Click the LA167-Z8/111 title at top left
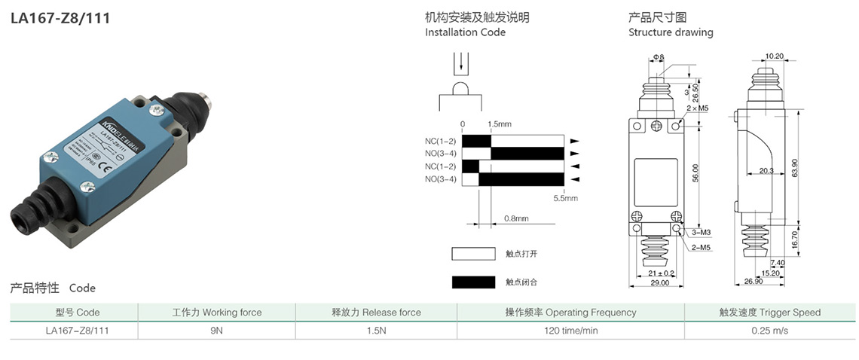click(x=60, y=18)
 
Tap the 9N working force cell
click(x=216, y=330)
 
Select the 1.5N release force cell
click(x=376, y=330)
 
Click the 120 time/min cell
click(x=570, y=330)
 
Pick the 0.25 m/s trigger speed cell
click(x=769, y=330)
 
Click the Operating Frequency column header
click(x=570, y=312)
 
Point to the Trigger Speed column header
click(x=769, y=312)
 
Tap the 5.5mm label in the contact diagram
click(x=565, y=198)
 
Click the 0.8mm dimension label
click(x=516, y=218)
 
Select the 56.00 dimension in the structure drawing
click(x=695, y=173)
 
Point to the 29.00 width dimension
click(x=659, y=283)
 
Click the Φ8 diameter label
click(x=658, y=57)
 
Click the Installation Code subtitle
click(x=465, y=32)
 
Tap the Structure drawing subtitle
click(x=671, y=32)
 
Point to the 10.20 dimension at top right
click(x=775, y=56)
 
